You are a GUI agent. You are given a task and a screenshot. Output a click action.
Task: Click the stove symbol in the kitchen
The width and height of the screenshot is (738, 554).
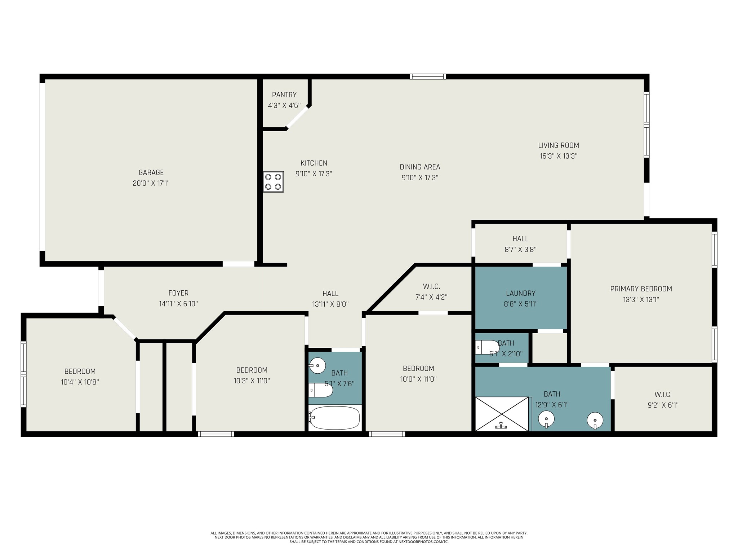point(273,182)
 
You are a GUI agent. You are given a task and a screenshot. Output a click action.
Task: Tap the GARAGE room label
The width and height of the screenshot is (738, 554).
point(151,172)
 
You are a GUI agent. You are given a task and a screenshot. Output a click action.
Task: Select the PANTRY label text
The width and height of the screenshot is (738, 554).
point(284,95)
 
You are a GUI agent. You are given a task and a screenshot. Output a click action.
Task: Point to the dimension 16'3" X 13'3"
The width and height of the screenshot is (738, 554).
point(559,156)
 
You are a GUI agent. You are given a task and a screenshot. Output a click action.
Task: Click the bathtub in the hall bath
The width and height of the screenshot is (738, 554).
point(335,418)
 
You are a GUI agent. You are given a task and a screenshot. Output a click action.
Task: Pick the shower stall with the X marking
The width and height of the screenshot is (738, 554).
point(502,414)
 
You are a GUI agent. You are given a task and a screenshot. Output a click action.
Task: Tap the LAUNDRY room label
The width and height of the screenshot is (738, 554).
point(520,293)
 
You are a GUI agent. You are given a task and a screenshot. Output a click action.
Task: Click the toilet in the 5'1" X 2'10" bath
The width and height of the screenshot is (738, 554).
point(487,347)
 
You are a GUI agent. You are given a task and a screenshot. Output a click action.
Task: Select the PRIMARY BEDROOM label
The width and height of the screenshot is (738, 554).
point(641,289)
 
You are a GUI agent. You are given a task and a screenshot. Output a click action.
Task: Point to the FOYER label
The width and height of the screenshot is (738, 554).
point(178,293)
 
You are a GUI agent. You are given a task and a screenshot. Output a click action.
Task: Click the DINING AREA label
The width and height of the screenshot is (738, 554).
point(420,167)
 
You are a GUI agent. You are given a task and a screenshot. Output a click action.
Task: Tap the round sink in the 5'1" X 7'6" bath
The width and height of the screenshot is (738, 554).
point(317,366)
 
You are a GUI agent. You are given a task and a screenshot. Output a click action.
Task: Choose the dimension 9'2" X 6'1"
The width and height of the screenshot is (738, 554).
point(663,405)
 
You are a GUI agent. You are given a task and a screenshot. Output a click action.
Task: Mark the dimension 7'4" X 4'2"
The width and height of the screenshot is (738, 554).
point(431,297)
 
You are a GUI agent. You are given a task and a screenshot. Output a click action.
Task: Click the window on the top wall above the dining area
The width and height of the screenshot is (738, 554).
point(428,76)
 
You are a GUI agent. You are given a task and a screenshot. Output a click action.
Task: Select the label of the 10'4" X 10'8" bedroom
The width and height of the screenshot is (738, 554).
point(80,371)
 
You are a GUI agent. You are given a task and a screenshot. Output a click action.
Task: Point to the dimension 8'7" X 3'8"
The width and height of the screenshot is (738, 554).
point(520,249)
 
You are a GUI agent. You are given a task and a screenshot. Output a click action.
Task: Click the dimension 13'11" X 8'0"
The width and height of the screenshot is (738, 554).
point(330,304)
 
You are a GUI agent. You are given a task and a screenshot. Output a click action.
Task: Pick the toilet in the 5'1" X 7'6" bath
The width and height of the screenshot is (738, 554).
point(320,390)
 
